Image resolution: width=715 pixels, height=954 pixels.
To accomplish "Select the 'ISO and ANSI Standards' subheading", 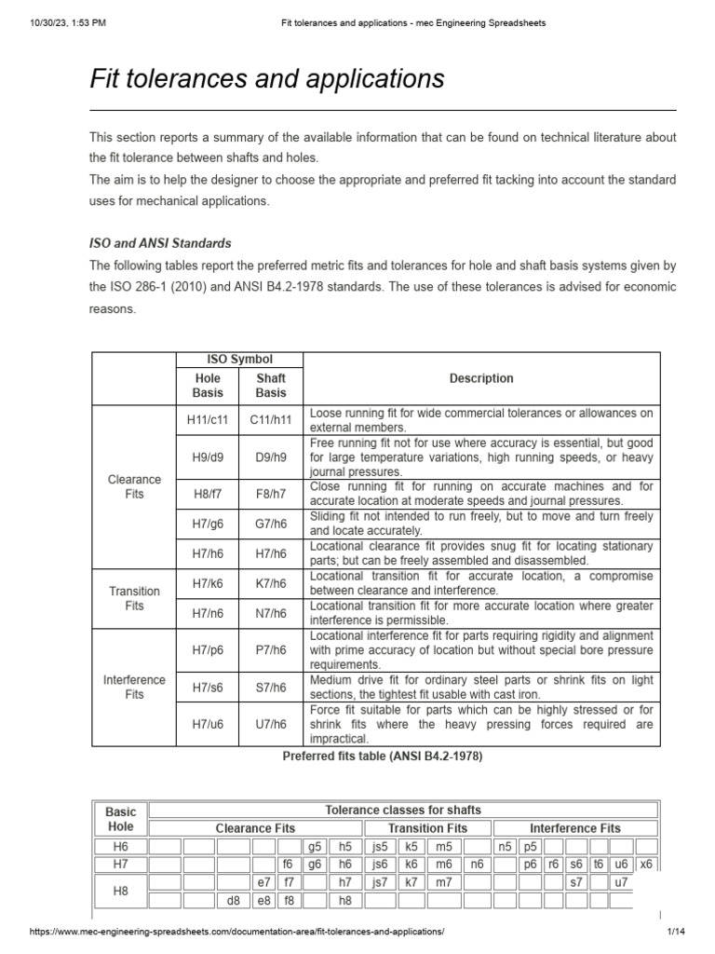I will (x=160, y=243).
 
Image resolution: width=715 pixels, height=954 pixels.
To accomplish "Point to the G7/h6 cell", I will (x=271, y=524).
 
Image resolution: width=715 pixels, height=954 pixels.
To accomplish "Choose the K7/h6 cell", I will (x=271, y=583).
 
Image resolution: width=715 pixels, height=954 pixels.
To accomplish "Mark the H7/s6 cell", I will (x=207, y=687).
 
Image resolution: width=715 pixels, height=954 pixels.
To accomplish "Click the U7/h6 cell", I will (x=271, y=724).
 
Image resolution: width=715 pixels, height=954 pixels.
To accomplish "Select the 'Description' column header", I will (x=481, y=378).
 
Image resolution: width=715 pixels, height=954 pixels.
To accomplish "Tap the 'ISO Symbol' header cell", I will (x=239, y=360).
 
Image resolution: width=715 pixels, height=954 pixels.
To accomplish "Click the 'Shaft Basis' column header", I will (x=271, y=386).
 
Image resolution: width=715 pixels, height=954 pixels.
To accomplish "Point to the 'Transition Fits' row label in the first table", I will (x=134, y=598).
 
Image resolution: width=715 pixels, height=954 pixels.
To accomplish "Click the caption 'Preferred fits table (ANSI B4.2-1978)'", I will (x=382, y=756).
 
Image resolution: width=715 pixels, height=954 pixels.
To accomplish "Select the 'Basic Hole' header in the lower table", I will (x=120, y=819).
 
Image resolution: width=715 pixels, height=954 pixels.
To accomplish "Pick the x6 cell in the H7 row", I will (x=645, y=865).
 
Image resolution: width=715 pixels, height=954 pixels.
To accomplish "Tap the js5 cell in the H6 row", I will (x=379, y=847).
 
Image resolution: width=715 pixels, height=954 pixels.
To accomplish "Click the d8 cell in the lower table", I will (x=233, y=901).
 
